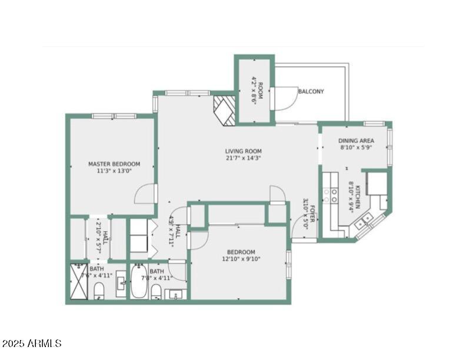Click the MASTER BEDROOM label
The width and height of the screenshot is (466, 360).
pos(114,164)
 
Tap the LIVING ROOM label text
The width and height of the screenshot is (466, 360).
pos(243,151)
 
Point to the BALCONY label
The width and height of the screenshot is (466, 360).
pos(311,92)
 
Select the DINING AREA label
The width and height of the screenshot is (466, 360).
pos(357,141)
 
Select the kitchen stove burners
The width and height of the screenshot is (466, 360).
pos(331,196)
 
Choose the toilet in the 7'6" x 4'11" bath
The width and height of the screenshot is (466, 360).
pos(99,290)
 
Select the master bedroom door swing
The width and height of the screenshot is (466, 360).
pos(147,194)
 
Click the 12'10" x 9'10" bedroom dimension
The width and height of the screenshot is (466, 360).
pos(241,258)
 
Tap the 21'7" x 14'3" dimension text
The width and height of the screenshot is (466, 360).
pos(243,158)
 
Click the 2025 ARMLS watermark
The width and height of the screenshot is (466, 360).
pos(32,343)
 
